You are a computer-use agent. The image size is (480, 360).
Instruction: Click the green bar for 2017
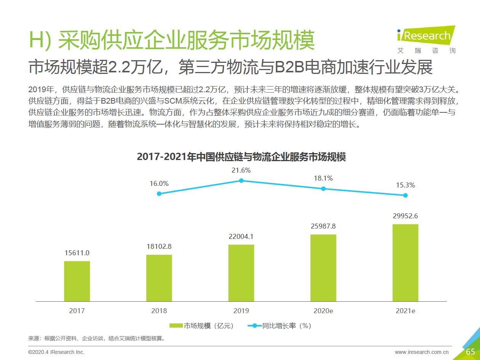(77, 281)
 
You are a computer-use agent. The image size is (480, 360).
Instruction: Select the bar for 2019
(241, 273)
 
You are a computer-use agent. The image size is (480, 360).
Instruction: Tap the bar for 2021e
(405, 262)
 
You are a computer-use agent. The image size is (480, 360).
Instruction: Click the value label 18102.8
(159, 246)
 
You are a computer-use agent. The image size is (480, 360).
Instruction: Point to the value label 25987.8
(323, 226)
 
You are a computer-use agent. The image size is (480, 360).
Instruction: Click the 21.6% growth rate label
(241, 170)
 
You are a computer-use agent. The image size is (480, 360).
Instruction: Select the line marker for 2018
(159, 194)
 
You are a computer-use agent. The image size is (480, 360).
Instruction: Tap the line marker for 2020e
(323, 189)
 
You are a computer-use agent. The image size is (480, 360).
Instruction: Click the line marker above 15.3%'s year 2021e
(405, 195)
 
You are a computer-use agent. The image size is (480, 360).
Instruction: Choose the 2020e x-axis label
(323, 311)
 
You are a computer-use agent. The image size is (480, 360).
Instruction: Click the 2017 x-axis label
(77, 311)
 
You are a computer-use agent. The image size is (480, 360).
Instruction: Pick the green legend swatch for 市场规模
(176, 326)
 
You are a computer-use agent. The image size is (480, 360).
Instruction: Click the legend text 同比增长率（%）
(287, 326)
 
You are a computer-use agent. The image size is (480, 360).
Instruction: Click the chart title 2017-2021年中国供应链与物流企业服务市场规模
(241, 157)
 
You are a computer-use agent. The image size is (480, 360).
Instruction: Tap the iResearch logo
(426, 37)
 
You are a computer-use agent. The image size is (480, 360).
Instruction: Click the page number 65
(470, 352)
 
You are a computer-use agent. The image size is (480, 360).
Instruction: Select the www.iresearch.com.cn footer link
(422, 352)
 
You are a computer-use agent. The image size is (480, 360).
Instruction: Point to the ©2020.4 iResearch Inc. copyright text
(56, 352)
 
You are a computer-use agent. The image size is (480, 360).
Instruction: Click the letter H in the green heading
(37, 40)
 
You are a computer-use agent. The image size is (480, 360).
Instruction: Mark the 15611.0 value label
(77, 253)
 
